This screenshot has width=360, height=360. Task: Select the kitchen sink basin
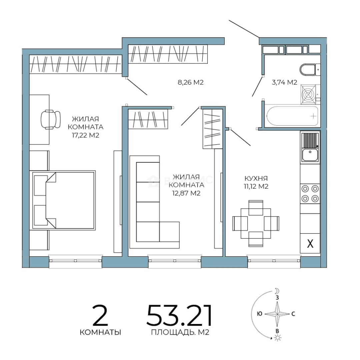310,155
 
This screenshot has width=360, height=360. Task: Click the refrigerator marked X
310,243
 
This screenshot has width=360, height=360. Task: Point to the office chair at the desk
51,119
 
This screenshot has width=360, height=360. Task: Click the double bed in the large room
64,200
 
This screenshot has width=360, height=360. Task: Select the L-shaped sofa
155,202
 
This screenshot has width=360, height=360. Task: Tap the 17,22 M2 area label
86,135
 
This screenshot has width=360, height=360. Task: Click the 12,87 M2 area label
186,193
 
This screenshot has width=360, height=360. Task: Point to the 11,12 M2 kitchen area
256,186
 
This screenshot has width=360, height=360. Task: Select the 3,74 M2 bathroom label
284,82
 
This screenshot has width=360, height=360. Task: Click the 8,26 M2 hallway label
191,82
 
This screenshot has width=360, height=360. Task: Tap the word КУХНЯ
256,178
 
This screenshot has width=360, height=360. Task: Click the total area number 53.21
179,315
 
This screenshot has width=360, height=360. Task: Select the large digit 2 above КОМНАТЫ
100,315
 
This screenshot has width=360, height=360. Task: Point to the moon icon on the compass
277,291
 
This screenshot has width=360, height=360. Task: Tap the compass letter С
293,314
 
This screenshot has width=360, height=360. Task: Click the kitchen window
274,261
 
